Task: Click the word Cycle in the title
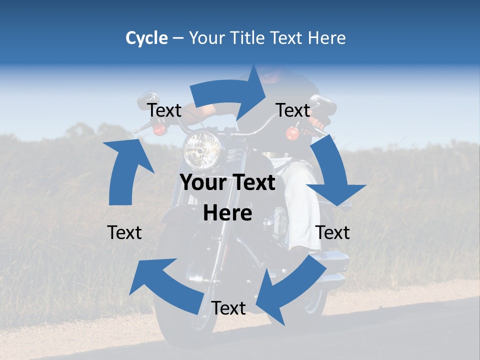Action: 146,38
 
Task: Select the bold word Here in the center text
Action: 227,213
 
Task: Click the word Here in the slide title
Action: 325,38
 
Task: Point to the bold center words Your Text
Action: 227,183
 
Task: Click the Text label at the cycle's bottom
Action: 228,308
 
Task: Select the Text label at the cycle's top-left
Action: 164,110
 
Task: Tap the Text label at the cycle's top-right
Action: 293,110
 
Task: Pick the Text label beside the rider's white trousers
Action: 333,232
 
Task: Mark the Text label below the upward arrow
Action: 124,232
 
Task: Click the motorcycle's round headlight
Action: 202,149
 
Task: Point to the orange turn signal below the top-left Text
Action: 159,129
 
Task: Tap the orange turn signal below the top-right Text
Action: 292,133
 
